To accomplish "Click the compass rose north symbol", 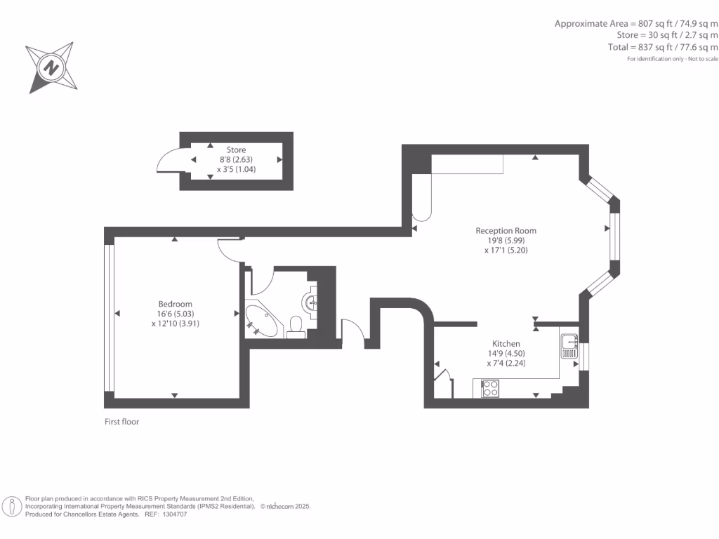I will tap(51, 67).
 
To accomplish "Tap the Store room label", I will tap(236, 149).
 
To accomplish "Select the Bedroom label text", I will tap(175, 304).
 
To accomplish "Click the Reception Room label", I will tap(506, 231).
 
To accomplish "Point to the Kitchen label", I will tap(506, 344).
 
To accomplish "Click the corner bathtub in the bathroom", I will tap(262, 321).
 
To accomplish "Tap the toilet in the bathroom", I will tap(296, 326).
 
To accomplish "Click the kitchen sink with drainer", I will tap(569, 346).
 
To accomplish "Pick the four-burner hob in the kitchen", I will tap(490, 388).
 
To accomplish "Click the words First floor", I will tap(122, 422).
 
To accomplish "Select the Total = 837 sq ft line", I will tap(663, 47).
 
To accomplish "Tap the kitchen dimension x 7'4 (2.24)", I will tap(506, 364).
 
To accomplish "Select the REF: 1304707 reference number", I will tap(166, 514).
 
